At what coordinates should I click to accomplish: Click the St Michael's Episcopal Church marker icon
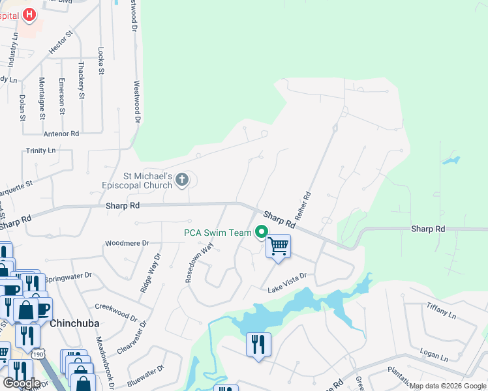tap(182, 179)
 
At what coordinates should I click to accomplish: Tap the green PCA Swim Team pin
tap(262, 232)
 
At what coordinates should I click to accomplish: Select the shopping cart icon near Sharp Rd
tap(278, 246)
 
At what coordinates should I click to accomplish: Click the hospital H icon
tap(29, 14)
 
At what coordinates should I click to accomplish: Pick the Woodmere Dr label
tap(123, 244)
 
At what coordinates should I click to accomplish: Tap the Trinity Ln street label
tap(40, 151)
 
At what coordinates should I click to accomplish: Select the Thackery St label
tap(82, 80)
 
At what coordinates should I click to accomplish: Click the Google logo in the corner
tap(22, 383)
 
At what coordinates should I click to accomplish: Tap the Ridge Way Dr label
tap(149, 272)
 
